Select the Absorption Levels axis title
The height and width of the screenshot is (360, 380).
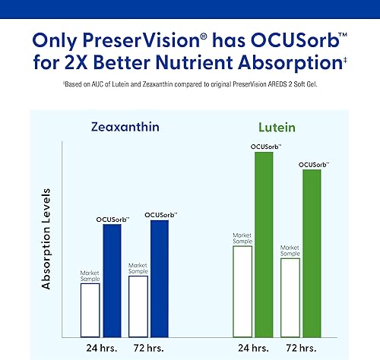pyautogui.click(x=46, y=239)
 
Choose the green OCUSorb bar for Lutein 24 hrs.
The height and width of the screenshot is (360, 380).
pyautogui.click(x=264, y=244)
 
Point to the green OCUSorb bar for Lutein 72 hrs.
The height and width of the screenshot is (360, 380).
pyautogui.click(x=312, y=253)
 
